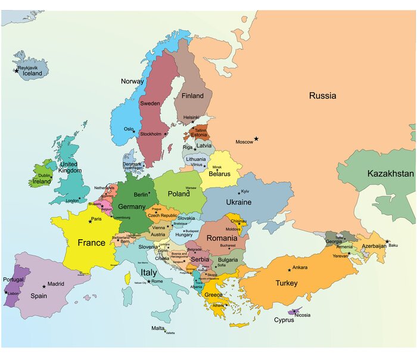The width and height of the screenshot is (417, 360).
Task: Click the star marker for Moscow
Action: (x=256, y=139)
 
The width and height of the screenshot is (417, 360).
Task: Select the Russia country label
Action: (x=322, y=95)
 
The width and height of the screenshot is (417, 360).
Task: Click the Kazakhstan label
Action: (x=390, y=174)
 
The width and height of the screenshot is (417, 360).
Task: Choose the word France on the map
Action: (x=91, y=243)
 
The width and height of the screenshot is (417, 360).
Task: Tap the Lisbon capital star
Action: (x=7, y=292)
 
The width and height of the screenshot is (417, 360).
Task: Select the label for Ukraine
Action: (x=238, y=202)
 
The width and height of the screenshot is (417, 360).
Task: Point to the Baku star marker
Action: (x=387, y=242)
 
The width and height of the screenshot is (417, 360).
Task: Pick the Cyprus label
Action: (x=284, y=320)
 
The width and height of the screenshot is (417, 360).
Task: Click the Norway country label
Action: (x=132, y=82)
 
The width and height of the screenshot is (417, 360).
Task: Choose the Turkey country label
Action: (x=286, y=283)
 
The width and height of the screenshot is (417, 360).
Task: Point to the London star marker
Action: (x=80, y=198)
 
